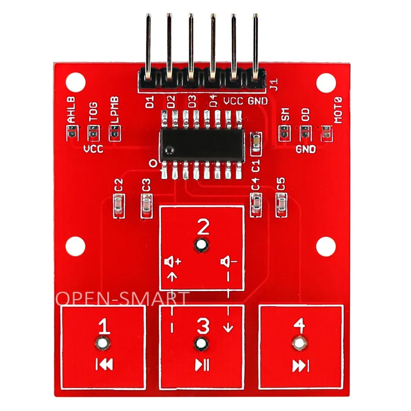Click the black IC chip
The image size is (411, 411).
pyautogui.click(x=202, y=144)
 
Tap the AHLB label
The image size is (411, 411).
pyautogui.click(x=71, y=110)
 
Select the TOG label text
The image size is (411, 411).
pyautogui.click(x=93, y=112)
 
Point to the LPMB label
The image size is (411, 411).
pyautogui.click(x=115, y=110)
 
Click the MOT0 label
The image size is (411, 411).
pyautogui.click(x=338, y=110)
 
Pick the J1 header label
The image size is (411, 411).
pyautogui.click(x=274, y=84)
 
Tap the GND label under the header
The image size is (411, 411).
pyautogui.click(x=258, y=101)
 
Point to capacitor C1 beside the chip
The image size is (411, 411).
pyautogui.click(x=256, y=143)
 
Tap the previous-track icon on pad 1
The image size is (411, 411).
pyautogui.click(x=104, y=364)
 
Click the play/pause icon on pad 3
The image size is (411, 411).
pyautogui.click(x=202, y=365)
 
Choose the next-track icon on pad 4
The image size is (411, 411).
pyautogui.click(x=301, y=366)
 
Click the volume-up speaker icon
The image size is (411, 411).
pyautogui.click(x=173, y=261)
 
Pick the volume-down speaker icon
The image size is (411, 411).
pyautogui.click(x=229, y=261)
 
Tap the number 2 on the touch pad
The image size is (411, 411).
pyautogui.click(x=203, y=227)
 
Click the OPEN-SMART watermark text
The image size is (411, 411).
pyautogui.click(x=122, y=298)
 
